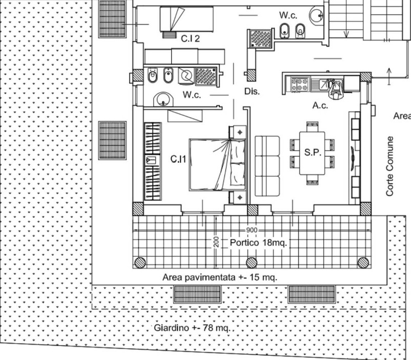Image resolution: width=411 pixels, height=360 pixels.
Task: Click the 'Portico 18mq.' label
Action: [258, 243]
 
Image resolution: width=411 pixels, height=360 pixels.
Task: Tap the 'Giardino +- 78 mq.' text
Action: [192, 328]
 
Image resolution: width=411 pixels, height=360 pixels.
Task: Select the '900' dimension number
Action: [252, 230]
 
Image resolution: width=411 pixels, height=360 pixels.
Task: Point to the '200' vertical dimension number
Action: [216, 242]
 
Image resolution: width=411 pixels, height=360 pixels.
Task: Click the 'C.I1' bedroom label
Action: [178, 159]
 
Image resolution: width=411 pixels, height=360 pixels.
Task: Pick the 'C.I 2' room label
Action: [190, 38]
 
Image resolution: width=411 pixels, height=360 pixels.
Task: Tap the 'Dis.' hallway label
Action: [252, 91]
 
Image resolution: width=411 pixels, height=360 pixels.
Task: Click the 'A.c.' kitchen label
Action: [320, 105]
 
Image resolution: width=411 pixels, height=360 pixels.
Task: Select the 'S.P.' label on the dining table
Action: [313, 152]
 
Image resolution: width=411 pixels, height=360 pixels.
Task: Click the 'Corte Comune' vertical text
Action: [390, 166]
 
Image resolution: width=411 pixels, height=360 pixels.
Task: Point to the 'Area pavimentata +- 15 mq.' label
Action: [220, 277]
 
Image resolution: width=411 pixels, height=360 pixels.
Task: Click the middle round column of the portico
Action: [252, 263]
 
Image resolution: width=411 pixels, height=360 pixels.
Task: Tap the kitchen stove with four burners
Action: [300, 84]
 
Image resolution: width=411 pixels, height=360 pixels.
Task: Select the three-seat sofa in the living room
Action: [268, 166]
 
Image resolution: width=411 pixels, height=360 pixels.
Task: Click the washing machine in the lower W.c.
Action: [186, 76]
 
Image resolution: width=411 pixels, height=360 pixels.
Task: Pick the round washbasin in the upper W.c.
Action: [317, 15]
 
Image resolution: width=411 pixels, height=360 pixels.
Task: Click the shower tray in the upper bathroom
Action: [260, 38]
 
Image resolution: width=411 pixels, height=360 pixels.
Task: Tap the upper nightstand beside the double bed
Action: [238, 132]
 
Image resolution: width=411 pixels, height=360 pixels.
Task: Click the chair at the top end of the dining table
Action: [312, 127]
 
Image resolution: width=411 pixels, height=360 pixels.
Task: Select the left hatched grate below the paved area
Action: [197, 294]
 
